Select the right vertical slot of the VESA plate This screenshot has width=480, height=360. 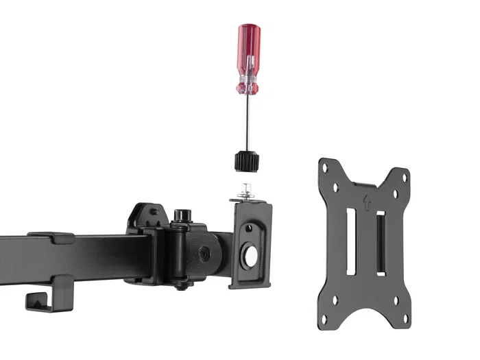pos(381,243)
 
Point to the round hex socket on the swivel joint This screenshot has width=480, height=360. pos(204,253)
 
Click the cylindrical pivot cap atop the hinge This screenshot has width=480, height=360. pos(182,215)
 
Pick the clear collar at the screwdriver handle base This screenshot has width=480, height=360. pos(247,87)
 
